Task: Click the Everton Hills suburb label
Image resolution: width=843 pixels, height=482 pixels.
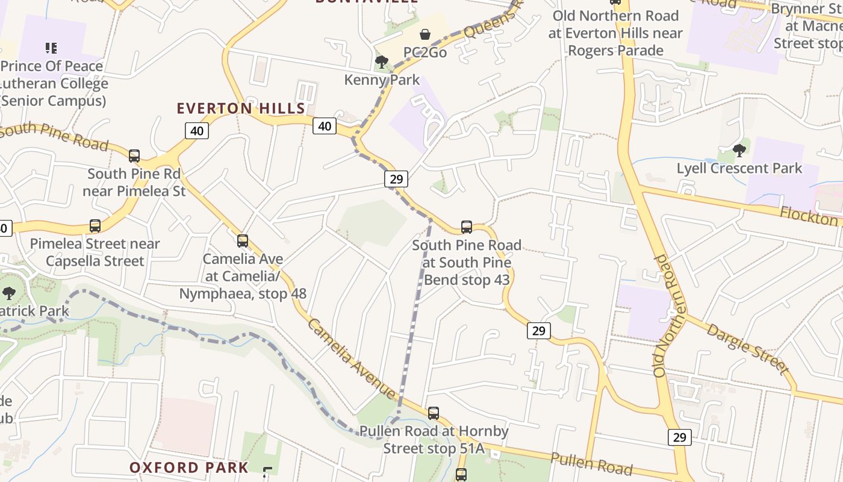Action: coord(241,108)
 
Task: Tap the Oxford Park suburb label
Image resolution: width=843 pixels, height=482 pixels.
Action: coord(188,468)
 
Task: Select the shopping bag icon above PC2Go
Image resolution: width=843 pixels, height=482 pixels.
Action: coord(425,34)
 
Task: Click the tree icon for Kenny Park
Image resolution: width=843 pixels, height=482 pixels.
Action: coord(381,62)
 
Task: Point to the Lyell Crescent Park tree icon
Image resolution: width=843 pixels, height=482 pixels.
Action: coord(739,151)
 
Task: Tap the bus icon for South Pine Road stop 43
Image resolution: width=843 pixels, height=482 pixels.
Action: coord(467,227)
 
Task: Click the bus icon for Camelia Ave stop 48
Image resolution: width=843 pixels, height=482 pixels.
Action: coord(243,241)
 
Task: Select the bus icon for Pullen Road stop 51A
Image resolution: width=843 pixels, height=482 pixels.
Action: coord(434,413)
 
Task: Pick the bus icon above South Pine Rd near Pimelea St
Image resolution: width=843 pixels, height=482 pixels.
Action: coord(134,156)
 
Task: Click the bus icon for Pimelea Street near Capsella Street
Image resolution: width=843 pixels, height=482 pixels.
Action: coord(95,226)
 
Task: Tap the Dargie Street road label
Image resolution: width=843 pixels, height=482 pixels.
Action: coord(747,348)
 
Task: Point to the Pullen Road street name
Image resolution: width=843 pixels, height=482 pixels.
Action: coord(591,463)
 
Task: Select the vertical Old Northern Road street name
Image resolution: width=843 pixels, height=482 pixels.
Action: coord(668,316)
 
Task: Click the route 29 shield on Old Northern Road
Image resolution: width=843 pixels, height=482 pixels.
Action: coord(679,437)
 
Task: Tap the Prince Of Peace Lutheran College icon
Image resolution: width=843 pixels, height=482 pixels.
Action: coord(51,48)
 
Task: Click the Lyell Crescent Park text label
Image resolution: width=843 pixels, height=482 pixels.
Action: coord(739,168)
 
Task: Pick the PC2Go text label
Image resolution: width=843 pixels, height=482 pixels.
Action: coord(425,52)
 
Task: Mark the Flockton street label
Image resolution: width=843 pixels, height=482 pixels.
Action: coord(808,215)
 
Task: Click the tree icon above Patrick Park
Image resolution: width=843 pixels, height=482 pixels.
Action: coord(9,293)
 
